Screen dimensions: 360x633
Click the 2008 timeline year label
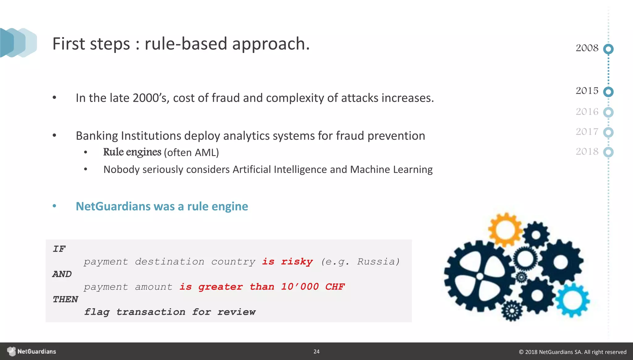[587, 48]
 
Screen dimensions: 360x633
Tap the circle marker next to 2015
[608, 92]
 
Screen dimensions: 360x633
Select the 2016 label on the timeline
[587, 112]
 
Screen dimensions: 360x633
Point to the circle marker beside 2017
[608, 132]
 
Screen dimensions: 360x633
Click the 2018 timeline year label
[587, 152]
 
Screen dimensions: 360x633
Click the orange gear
[505, 230]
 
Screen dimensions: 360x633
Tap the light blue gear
[573, 300]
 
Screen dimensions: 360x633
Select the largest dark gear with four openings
[479, 276]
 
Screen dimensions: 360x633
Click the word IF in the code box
[59, 249]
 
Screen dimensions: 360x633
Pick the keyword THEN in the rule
[65, 299]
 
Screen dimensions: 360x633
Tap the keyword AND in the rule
[62, 274]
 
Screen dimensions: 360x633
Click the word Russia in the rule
[378, 262]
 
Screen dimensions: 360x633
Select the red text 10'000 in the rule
[300, 287]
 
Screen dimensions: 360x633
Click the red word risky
[297, 262]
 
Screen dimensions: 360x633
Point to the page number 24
[316, 352]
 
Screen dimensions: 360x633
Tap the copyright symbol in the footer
[521, 352]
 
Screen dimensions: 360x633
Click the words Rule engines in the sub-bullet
[132, 152]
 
